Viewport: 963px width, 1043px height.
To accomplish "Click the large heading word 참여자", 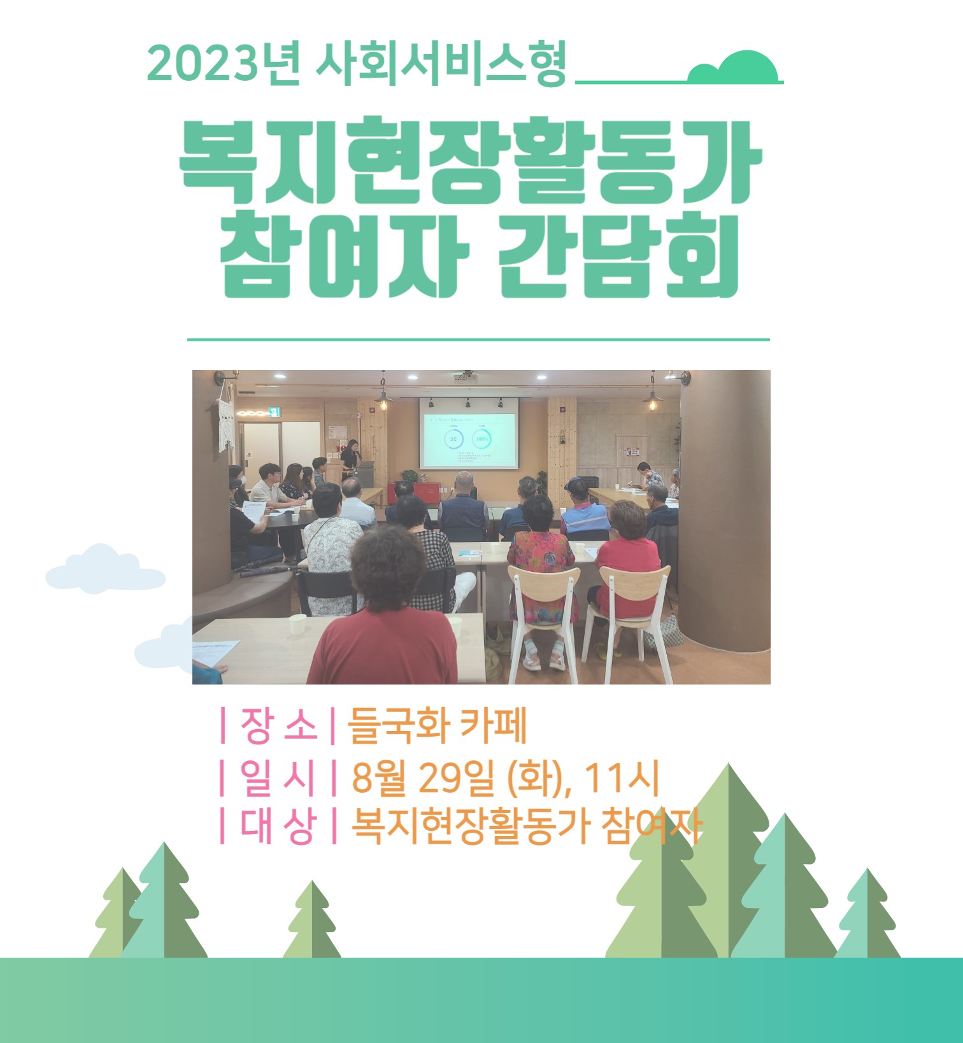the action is [345, 256].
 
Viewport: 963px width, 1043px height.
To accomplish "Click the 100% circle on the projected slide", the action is [481, 439].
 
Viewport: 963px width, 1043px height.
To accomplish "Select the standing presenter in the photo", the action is [350, 460].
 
